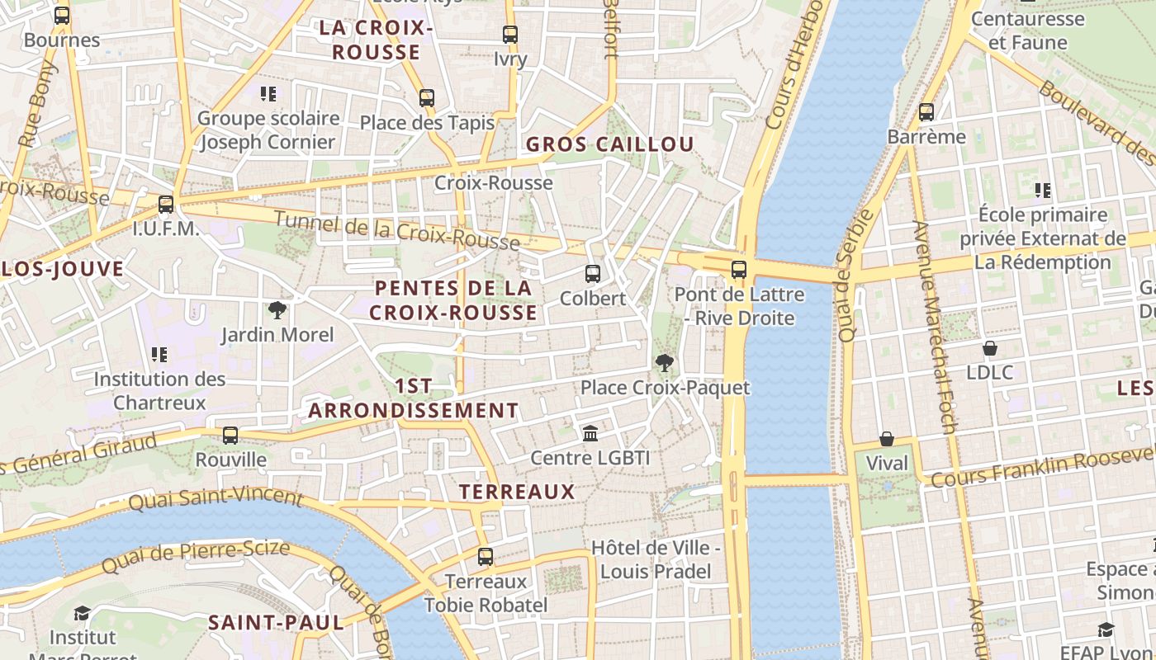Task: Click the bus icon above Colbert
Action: coord(592,274)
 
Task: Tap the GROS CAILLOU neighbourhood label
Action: coord(610,144)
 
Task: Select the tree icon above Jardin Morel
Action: coord(277,310)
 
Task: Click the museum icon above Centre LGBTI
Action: coord(590,433)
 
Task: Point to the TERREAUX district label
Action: coord(517,492)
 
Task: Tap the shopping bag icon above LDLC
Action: coord(989,348)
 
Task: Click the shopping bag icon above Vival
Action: coord(887,439)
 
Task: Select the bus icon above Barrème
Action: coord(926,112)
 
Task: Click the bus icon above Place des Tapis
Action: coord(427,98)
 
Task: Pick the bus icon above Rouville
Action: coord(230,435)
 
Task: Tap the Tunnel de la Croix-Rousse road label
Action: coord(396,231)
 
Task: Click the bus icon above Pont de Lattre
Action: coord(739,270)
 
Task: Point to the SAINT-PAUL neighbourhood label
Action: coord(276,622)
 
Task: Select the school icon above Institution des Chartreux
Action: coord(159,355)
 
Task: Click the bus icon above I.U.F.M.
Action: coord(166,204)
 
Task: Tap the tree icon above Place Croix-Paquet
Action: coord(664,363)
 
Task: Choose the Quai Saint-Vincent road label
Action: coord(216,498)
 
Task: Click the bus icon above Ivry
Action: coord(510,35)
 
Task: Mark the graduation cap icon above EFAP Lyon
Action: coord(1106,630)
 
